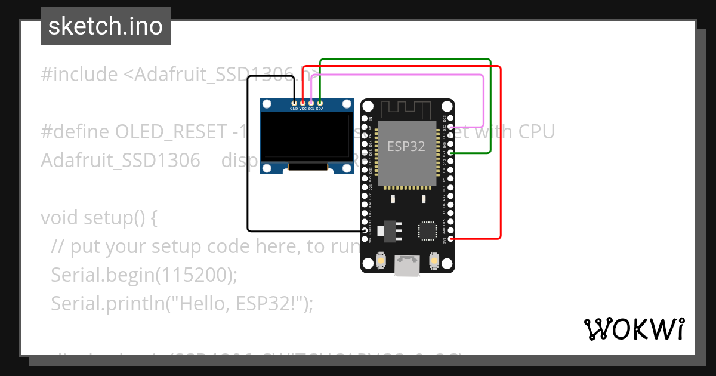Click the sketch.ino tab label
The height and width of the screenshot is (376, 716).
(x=105, y=26)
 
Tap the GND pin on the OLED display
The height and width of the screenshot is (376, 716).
(x=294, y=103)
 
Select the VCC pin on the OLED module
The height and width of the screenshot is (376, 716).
(x=303, y=103)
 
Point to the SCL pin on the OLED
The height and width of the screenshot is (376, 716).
(x=311, y=103)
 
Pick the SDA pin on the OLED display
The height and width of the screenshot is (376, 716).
(x=320, y=103)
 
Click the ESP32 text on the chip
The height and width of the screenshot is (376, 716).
(x=406, y=146)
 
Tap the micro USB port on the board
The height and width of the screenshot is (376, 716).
(x=408, y=266)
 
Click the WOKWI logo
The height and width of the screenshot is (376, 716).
(x=634, y=329)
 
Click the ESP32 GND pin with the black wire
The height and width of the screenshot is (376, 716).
(x=365, y=230)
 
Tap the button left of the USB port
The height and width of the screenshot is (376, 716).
(x=381, y=261)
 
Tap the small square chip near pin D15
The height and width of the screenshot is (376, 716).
(x=428, y=230)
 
